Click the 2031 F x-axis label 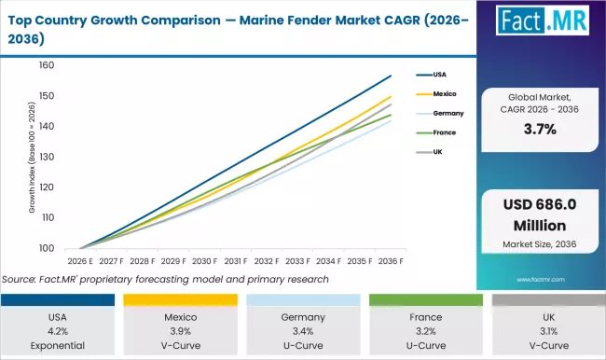click(235, 262)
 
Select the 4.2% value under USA click(59, 329)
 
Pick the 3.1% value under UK click(544, 329)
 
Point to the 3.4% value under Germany click(302, 329)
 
